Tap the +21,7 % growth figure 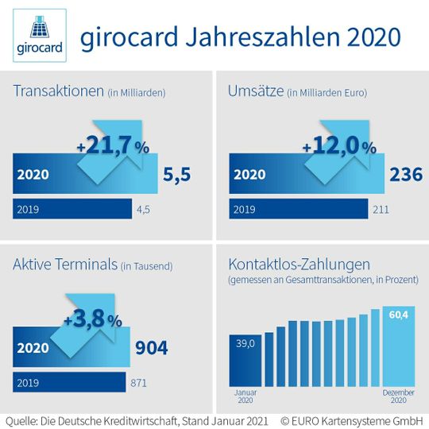(112, 147)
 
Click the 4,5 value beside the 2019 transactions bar (144, 209)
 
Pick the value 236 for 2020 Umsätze (405, 175)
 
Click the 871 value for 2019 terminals (140, 382)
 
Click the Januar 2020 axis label (245, 396)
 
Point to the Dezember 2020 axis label (399, 396)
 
